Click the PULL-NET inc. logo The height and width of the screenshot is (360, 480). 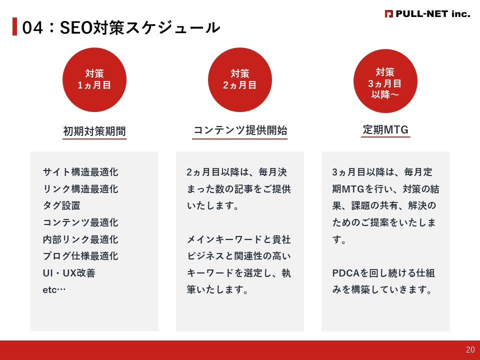[427, 14]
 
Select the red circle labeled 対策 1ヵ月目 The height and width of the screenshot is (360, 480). [94, 80]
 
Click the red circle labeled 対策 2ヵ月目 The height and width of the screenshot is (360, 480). [240, 80]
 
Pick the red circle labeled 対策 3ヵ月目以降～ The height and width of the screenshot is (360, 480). [385, 80]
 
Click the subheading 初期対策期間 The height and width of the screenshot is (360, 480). [94, 131]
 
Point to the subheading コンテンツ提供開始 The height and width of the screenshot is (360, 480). [240, 130]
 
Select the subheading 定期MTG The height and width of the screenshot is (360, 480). [385, 130]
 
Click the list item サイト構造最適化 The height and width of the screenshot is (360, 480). [80, 172]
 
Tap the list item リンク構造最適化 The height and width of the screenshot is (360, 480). [80, 189]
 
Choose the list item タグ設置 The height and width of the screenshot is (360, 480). [61, 206]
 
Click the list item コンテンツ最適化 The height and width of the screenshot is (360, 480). [80, 222]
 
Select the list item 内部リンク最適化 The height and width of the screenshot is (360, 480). [80, 239]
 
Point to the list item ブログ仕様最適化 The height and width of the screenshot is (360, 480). [80, 256]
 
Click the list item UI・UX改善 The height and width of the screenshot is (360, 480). [69, 273]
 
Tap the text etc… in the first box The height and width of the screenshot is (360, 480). [54, 290]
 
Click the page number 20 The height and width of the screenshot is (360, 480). [470, 350]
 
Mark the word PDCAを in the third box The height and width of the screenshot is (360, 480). [349, 273]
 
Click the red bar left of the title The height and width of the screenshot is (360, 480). [14, 27]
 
